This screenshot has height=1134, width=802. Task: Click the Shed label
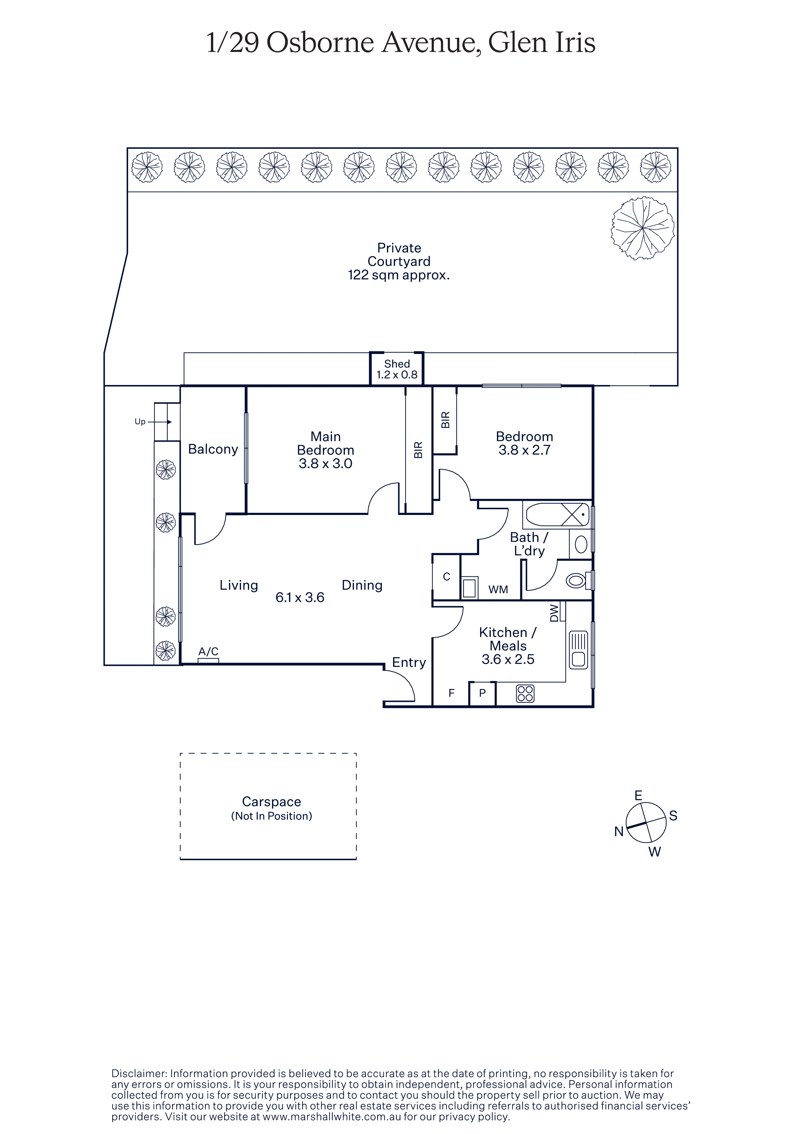point(397,364)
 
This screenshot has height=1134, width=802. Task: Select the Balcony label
point(213,449)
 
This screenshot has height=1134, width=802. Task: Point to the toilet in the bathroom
point(578,580)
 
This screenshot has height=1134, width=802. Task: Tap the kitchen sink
point(578,650)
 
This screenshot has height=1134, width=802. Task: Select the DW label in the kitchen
point(554,613)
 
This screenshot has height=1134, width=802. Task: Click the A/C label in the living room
point(209,651)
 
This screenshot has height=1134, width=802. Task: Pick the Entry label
point(409,663)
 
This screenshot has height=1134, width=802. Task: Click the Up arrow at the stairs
point(159,422)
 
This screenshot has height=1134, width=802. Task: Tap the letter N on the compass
point(619,832)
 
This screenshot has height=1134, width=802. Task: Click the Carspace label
point(271,802)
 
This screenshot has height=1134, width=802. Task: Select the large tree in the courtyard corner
point(643,228)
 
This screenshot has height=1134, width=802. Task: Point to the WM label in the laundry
point(498,589)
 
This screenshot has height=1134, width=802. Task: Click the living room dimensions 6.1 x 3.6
point(300,598)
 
